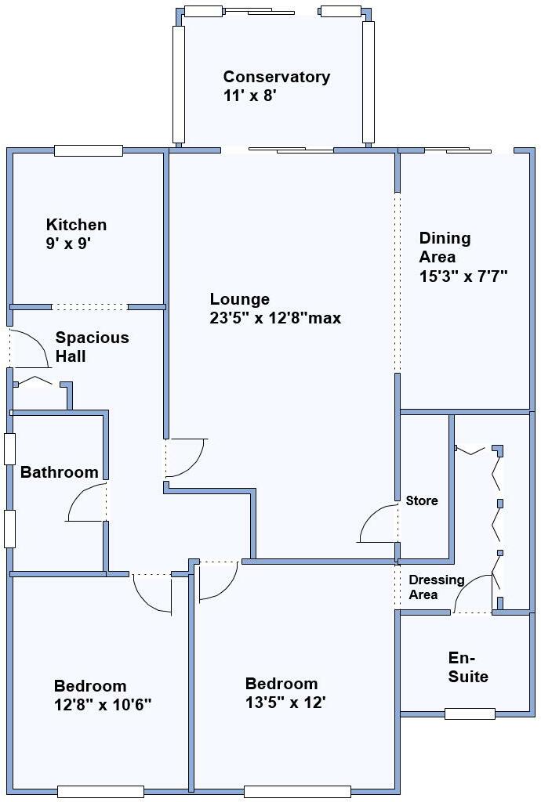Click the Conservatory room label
click(276, 77)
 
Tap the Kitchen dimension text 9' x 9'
click(69, 243)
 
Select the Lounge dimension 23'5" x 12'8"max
click(275, 318)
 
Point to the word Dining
click(445, 238)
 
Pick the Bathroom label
click(59, 472)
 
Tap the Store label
click(422, 500)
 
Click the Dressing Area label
click(436, 587)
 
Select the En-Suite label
click(468, 667)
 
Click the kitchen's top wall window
click(89, 150)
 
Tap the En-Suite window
click(470, 713)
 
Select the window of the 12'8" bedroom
click(100, 791)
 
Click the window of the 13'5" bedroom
click(297, 791)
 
